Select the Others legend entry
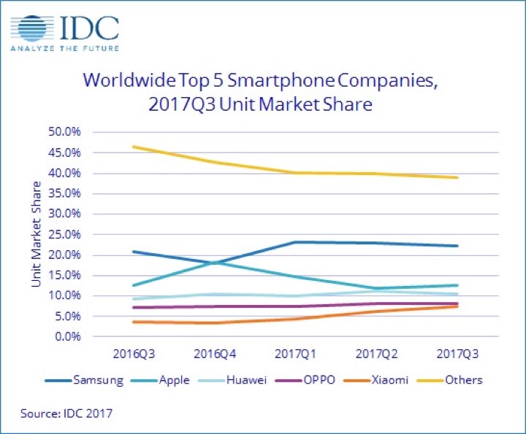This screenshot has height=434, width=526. pos(465,380)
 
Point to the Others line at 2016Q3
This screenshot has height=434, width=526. pos(134,147)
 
